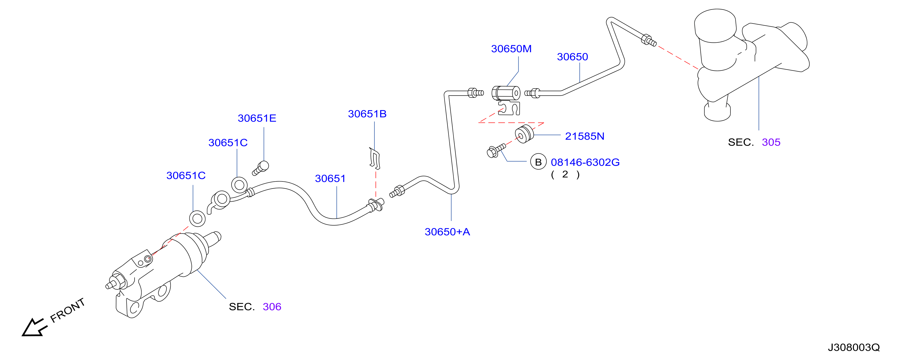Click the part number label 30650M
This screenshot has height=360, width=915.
pyautogui.click(x=511, y=49)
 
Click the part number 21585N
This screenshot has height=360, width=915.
pyautogui.click(x=585, y=136)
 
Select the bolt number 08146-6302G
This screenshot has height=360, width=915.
pyautogui.click(x=585, y=162)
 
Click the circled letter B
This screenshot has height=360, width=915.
pyautogui.click(x=538, y=162)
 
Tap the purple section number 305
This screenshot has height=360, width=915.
pyautogui.click(x=771, y=142)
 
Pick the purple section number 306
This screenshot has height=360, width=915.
pyautogui.click(x=272, y=307)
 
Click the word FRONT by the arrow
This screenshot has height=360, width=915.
pyautogui.click(x=67, y=310)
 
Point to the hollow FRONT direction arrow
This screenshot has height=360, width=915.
pyautogui.click(x=34, y=327)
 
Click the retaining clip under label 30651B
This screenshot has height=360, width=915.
pyautogui.click(x=375, y=158)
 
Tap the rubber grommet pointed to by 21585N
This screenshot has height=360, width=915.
pyautogui.click(x=524, y=134)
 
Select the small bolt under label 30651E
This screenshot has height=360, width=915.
pyautogui.click(x=261, y=168)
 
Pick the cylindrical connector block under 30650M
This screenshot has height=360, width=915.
pyautogui.click(x=506, y=93)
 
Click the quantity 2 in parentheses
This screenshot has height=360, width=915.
pyautogui.click(x=565, y=174)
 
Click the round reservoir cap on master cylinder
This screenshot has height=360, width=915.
pyautogui.click(x=715, y=25)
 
